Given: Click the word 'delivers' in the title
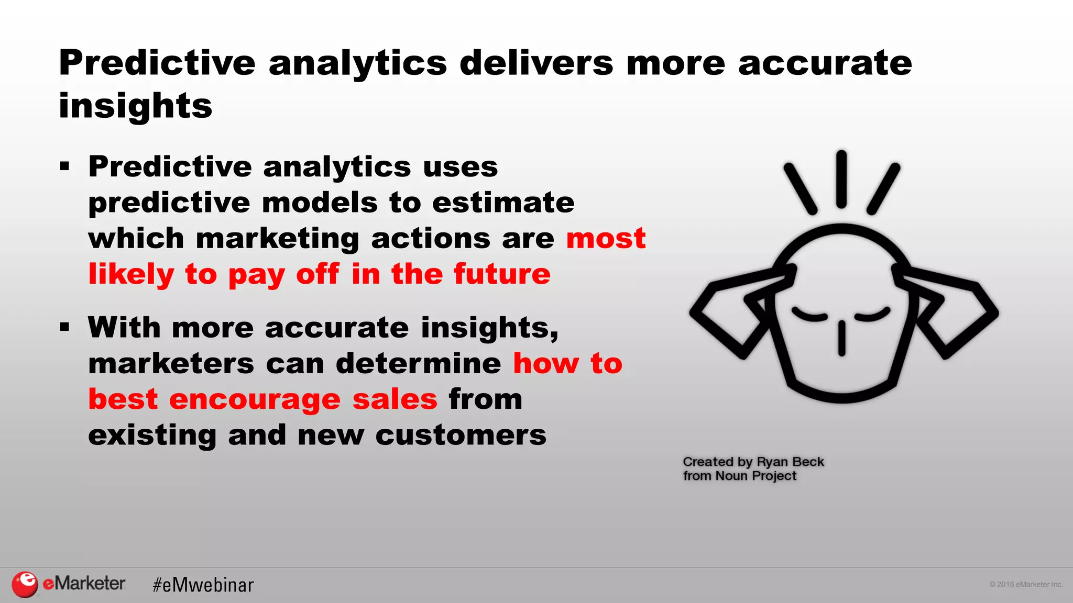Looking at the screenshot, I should click(536, 63).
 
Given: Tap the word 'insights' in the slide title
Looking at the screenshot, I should click(135, 106).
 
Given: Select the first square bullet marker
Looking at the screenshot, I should click(65, 167).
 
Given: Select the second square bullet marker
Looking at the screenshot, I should click(65, 328).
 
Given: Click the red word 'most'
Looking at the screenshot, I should click(606, 239).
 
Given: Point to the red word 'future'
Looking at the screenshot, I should click(502, 274).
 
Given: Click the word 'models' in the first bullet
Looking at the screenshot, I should click(320, 203).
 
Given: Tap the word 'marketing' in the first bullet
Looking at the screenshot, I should click(277, 239).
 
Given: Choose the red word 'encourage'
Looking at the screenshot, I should click(255, 399).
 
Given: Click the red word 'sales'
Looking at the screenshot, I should click(395, 399).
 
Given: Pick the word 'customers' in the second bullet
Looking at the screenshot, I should click(461, 435).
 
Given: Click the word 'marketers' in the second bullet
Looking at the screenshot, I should click(171, 364).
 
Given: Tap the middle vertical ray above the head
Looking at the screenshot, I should click(841, 179).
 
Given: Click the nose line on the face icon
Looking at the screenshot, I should click(841, 339).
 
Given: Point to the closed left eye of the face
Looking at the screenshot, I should click(809, 314).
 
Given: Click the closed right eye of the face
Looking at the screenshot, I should click(873, 314).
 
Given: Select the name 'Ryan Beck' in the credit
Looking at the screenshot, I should click(790, 462).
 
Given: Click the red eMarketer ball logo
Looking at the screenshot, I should click(25, 584).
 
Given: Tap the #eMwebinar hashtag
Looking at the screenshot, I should click(203, 585).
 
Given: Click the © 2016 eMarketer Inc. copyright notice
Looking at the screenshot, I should click(1025, 584).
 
